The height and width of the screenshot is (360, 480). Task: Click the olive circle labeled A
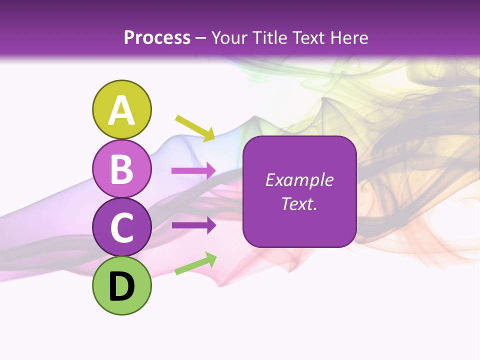click(121, 109)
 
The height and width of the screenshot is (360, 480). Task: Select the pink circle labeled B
click(121, 168)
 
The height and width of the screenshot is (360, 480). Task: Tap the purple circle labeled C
click(121, 227)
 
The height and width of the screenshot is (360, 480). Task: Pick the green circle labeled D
click(121, 285)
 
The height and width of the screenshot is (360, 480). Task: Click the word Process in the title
click(157, 37)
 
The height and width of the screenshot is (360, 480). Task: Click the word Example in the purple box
click(299, 180)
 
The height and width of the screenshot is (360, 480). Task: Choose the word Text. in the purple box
click(299, 204)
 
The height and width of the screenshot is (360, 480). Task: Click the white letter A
click(121, 110)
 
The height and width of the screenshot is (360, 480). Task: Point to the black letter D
click(121, 286)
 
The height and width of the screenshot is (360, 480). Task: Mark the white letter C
click(121, 227)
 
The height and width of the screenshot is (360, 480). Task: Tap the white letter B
click(121, 169)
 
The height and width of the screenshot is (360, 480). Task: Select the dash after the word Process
click(200, 38)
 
